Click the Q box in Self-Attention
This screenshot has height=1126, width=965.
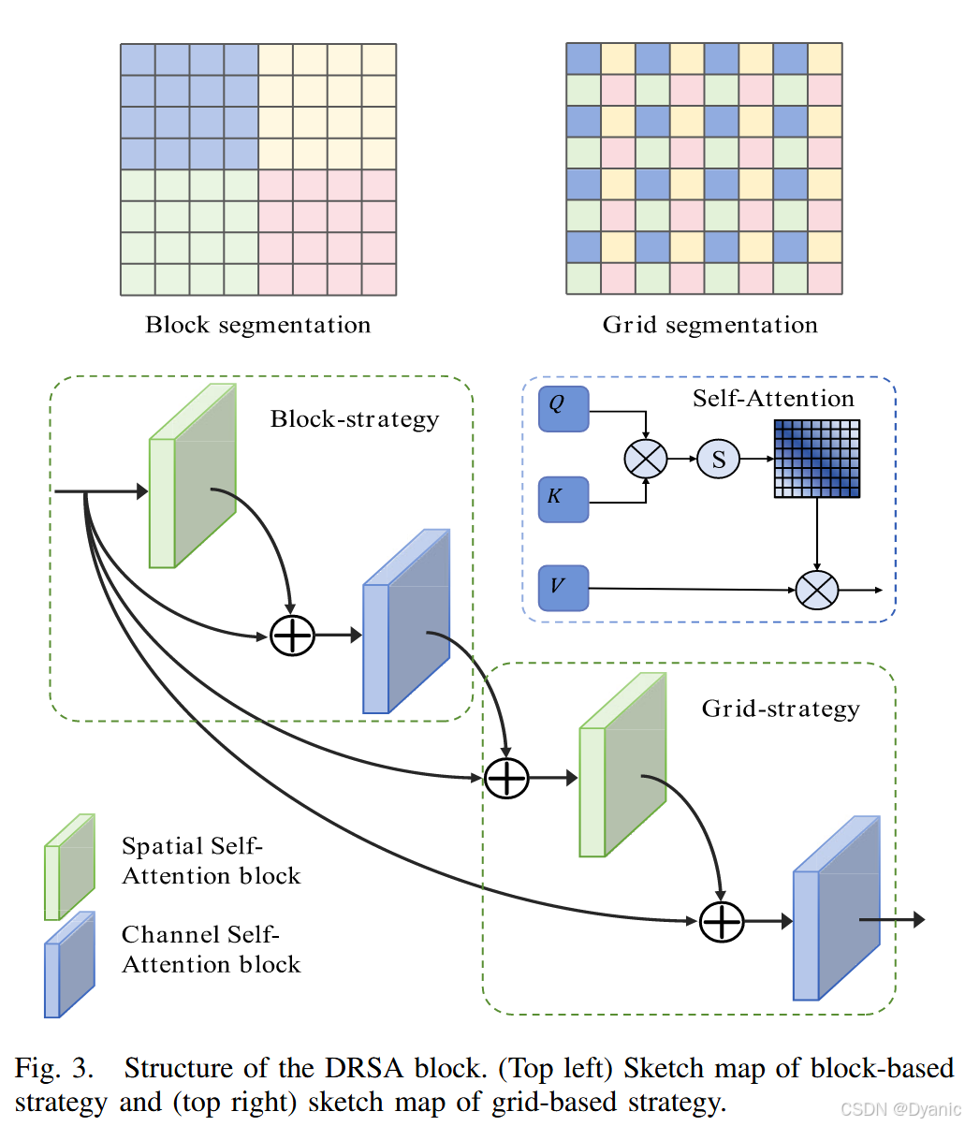(x=563, y=409)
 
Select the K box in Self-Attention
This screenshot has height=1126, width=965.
(x=563, y=499)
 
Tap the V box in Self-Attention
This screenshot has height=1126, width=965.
(x=563, y=588)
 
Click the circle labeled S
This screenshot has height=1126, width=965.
(x=718, y=459)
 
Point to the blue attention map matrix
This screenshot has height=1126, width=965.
(x=816, y=458)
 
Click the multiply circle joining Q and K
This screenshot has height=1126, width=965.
(x=646, y=459)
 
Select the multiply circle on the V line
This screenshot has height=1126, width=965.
(x=817, y=591)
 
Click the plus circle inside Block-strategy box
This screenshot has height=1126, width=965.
(x=292, y=636)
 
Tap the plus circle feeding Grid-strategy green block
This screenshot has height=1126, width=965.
(x=506, y=778)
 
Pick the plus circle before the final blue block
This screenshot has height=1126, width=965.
(x=722, y=922)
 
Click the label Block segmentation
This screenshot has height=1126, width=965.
(x=258, y=326)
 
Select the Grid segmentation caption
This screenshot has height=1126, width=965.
(x=709, y=326)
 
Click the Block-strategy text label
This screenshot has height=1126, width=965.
(x=355, y=418)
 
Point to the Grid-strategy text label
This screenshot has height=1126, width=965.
(x=781, y=709)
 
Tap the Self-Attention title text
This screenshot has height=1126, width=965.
(x=773, y=399)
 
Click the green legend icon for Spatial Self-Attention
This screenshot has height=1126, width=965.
(x=69, y=867)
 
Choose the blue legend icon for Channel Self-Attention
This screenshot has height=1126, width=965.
(x=69, y=965)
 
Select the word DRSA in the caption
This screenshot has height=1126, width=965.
(x=366, y=1069)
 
